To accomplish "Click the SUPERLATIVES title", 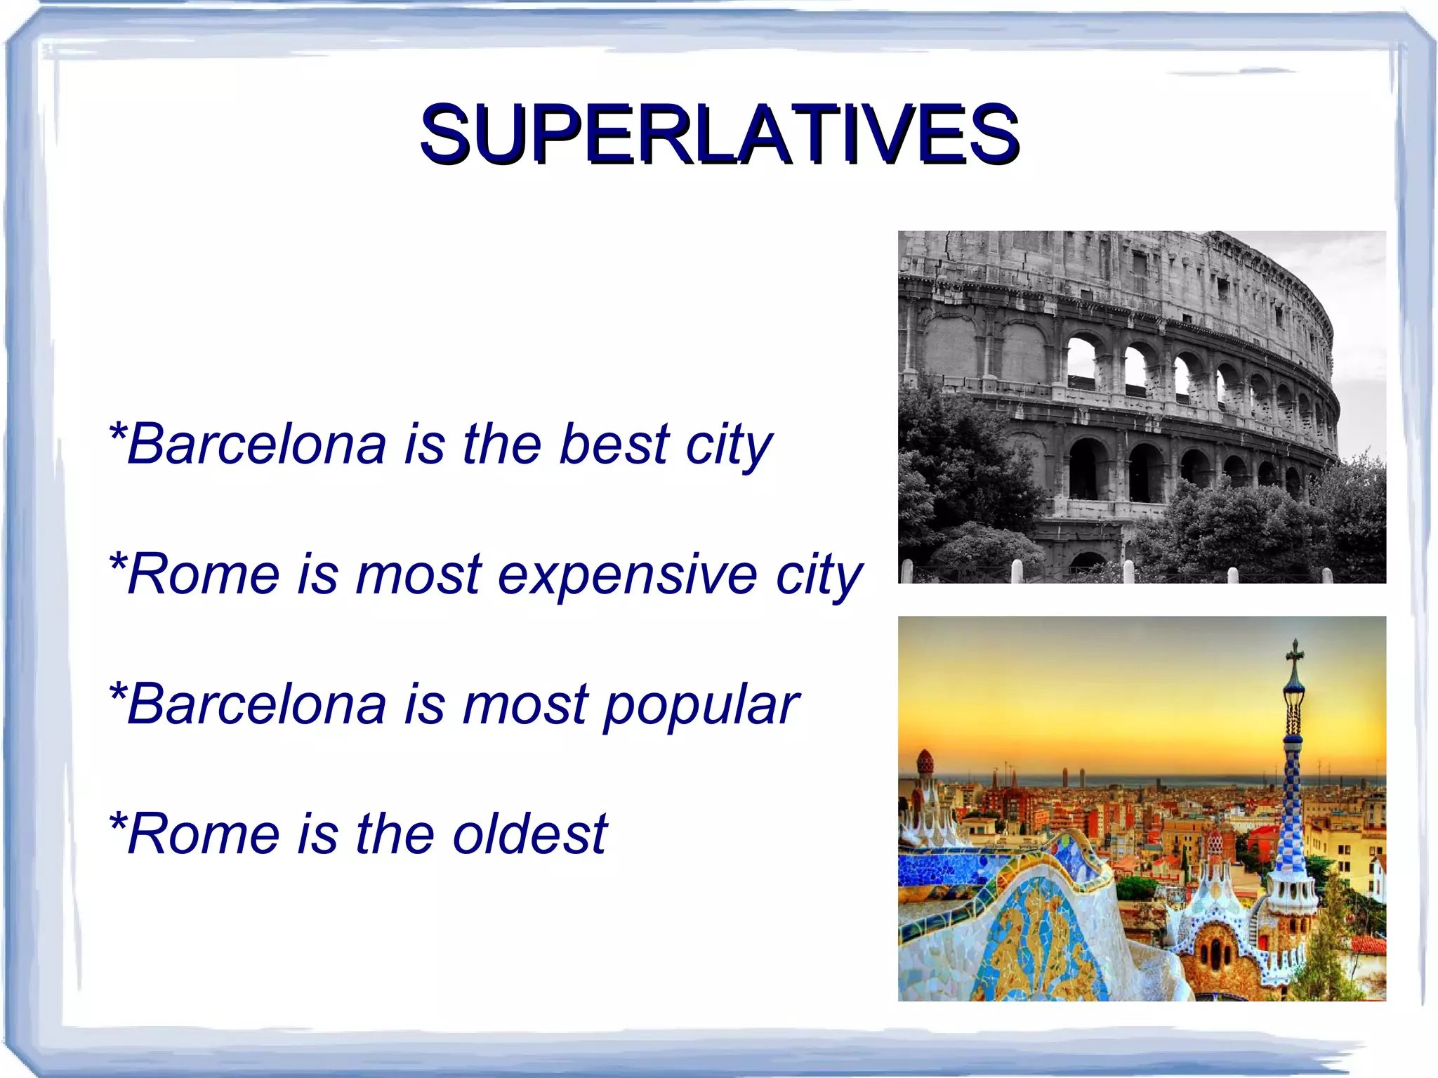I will [x=719, y=133].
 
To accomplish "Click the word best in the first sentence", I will [x=614, y=445].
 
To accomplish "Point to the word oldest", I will [x=529, y=834].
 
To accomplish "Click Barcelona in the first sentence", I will [x=256, y=445].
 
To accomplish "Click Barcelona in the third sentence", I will [x=256, y=704].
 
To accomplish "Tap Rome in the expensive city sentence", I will [x=204, y=574].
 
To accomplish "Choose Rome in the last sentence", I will [x=204, y=834].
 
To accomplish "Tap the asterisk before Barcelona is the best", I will [x=117, y=431].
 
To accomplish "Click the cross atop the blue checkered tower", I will [x=1294, y=652].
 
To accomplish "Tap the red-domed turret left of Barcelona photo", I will [x=925, y=762].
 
